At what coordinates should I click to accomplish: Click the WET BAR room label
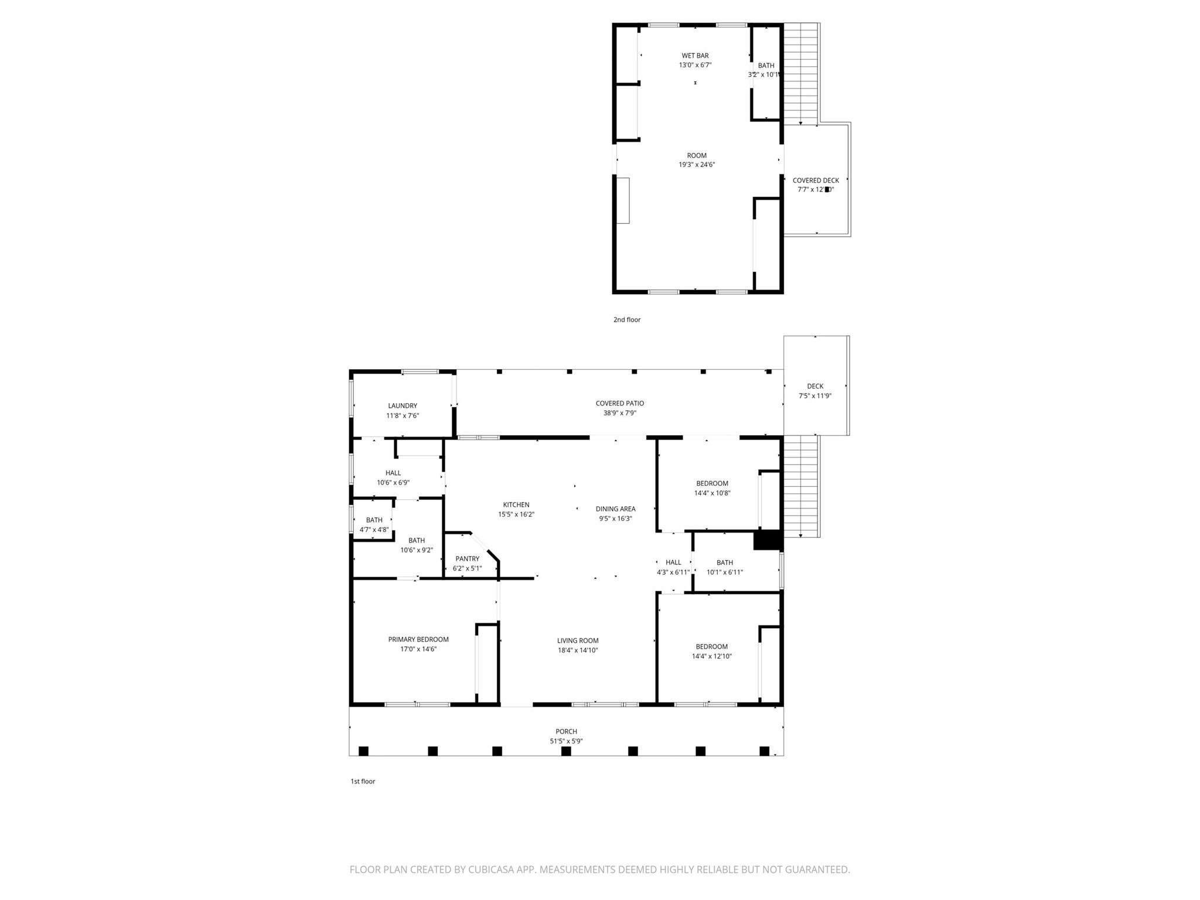[x=695, y=56]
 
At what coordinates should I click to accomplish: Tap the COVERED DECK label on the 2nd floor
[x=816, y=180]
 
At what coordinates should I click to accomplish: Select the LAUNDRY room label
[x=403, y=405]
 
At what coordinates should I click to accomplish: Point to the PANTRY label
[x=467, y=558]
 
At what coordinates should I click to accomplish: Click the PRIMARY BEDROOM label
[x=418, y=639]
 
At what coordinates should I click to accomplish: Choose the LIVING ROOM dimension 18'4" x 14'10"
[x=578, y=650]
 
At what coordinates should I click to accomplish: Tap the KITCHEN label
[x=516, y=504]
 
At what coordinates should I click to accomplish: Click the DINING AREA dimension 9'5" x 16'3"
[x=615, y=519]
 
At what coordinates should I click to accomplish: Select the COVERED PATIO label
[x=619, y=403]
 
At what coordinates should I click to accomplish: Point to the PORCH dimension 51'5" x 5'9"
[x=566, y=741]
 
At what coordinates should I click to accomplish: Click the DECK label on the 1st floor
[x=815, y=386]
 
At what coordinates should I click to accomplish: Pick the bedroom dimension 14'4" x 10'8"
[x=712, y=493]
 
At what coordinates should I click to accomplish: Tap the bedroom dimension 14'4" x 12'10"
[x=712, y=656]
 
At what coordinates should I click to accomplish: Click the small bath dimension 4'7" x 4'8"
[x=374, y=530]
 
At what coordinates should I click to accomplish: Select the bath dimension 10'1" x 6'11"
[x=725, y=572]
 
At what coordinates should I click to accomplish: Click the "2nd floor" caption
[x=627, y=319]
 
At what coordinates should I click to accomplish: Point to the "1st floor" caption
[x=363, y=781]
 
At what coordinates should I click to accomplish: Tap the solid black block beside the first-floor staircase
[x=767, y=540]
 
